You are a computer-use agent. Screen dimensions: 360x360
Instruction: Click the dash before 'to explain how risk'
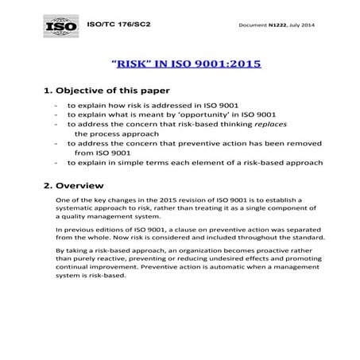click(56, 105)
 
